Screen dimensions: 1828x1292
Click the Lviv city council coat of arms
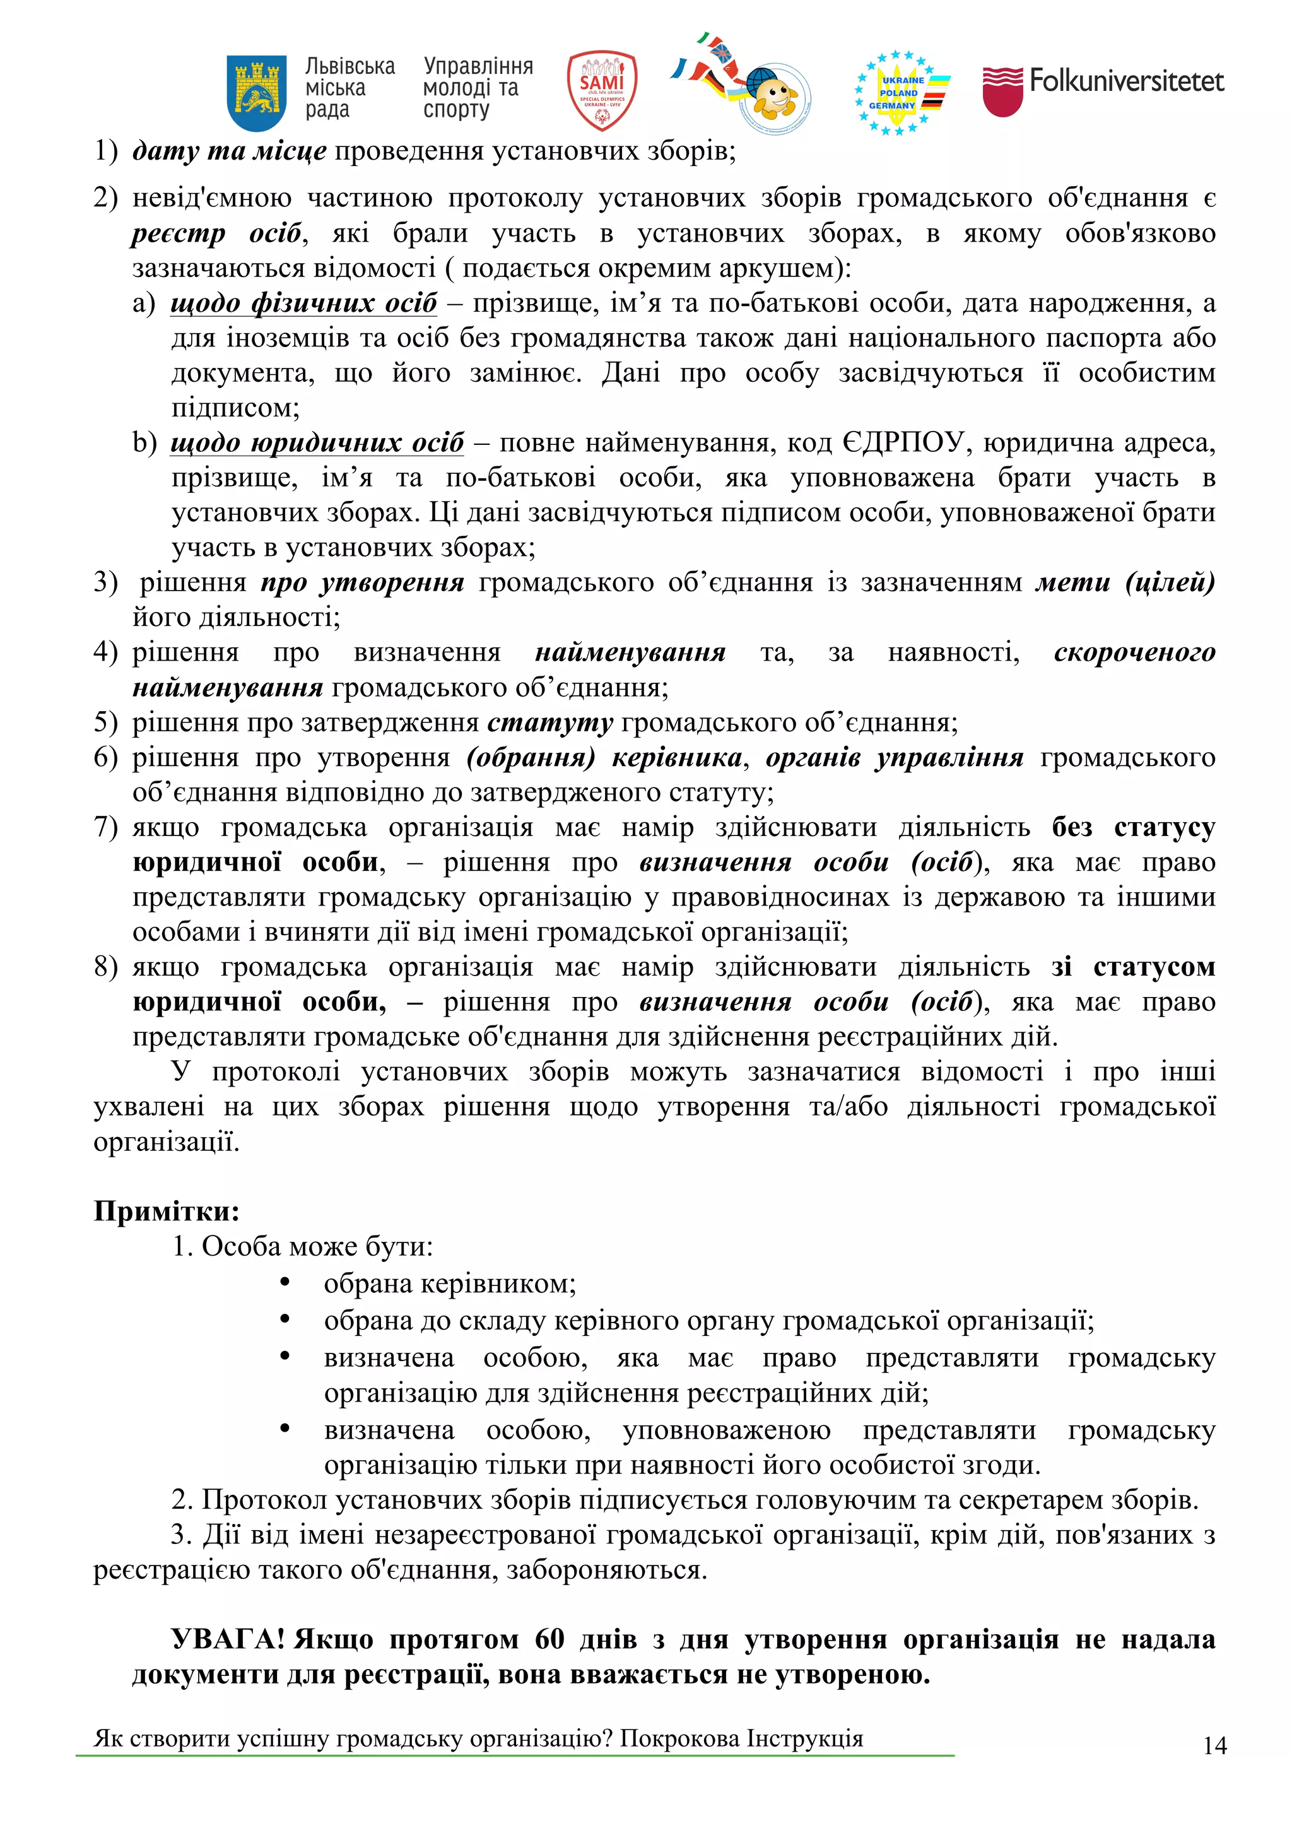pyautogui.click(x=256, y=92)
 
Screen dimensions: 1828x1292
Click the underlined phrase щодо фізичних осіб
pyautogui.click(x=303, y=304)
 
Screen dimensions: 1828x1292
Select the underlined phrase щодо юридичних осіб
pyautogui.click(x=317, y=443)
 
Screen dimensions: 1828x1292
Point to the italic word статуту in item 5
pyautogui.click(x=549, y=722)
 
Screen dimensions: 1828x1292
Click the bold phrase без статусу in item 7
pyautogui.click(x=1134, y=827)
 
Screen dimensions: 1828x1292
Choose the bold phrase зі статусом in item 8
pyautogui.click(x=1133, y=967)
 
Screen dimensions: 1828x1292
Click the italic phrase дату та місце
pyautogui.click(x=229, y=150)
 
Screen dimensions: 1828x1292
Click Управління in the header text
pyautogui.click(x=478, y=66)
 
